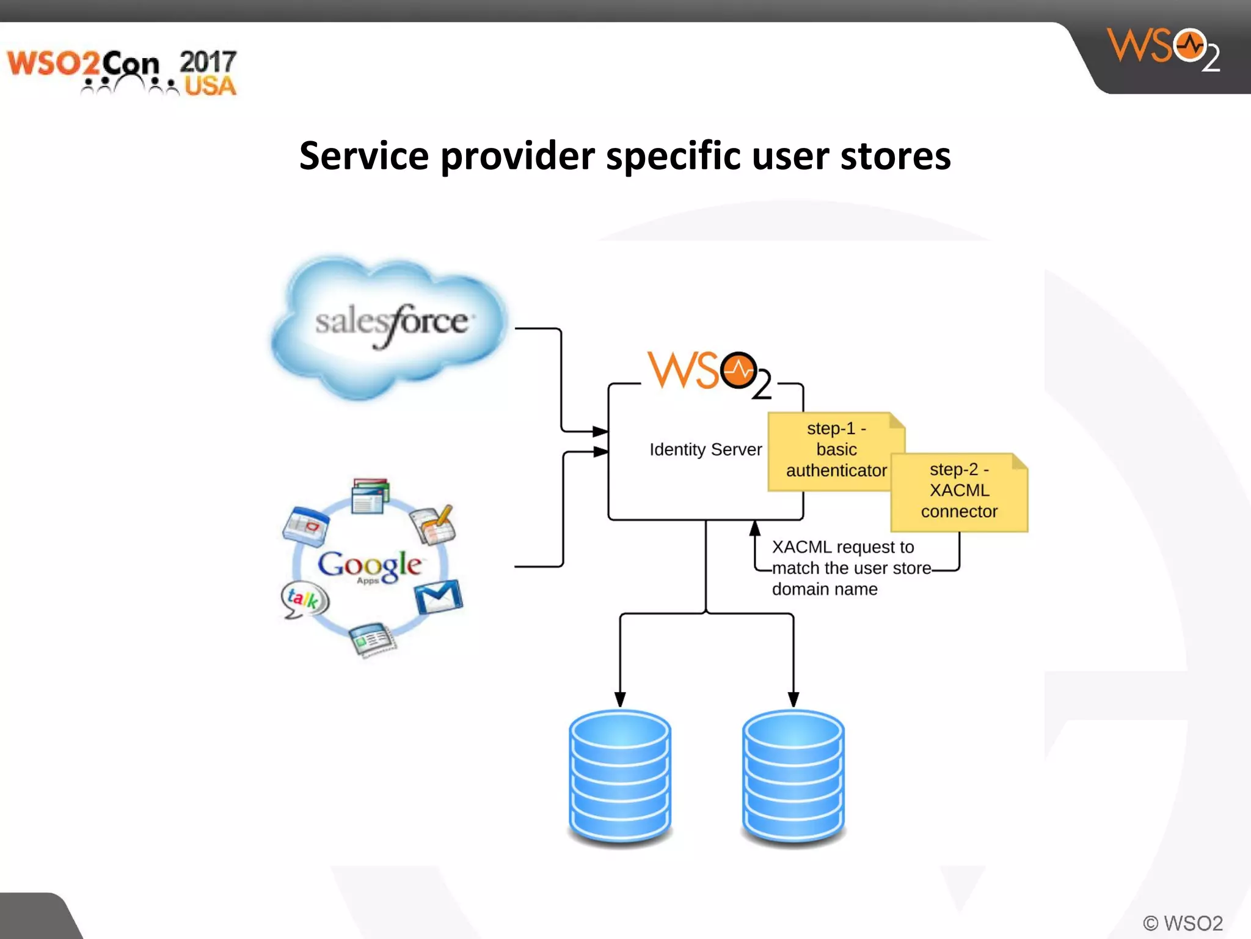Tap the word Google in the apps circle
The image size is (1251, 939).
369,564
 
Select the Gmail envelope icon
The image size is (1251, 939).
438,597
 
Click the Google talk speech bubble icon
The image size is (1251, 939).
304,598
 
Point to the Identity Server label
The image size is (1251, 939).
706,449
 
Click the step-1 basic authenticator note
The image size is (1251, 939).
836,450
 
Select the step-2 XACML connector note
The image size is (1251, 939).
959,491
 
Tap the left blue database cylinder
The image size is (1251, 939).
620,776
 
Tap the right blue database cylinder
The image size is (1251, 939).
793,776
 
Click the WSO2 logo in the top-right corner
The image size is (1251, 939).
1164,49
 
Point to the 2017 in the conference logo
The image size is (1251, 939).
208,62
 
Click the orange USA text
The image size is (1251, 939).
210,86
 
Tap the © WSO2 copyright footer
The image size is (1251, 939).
1183,922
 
